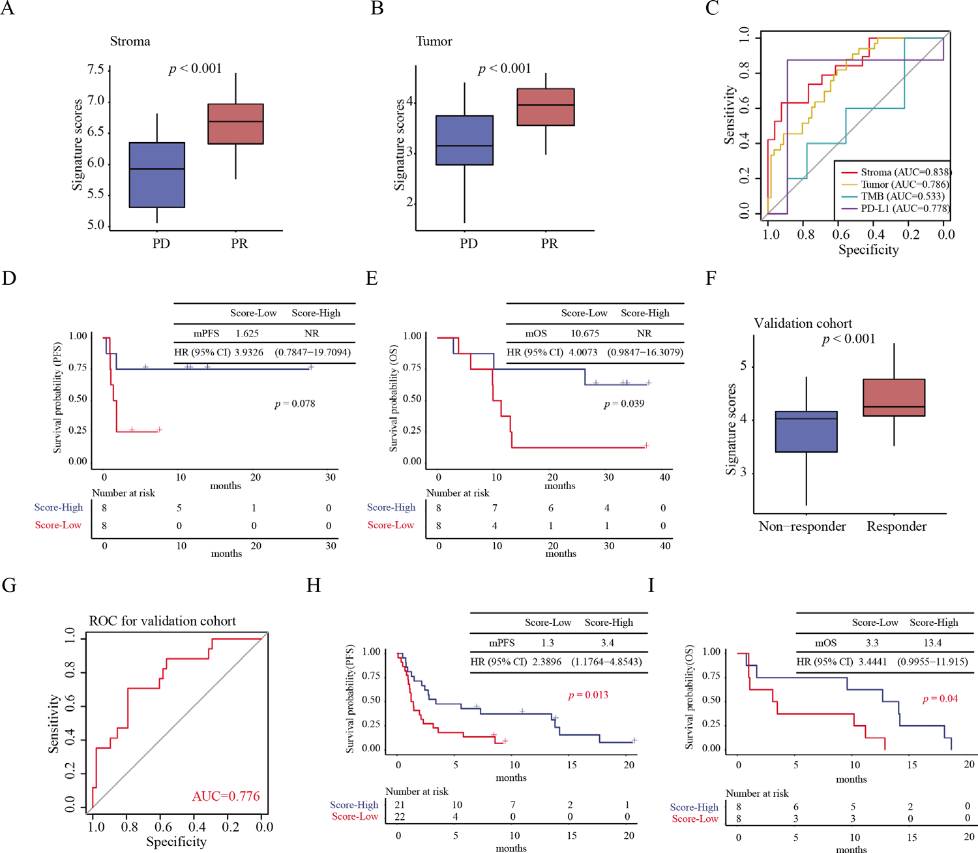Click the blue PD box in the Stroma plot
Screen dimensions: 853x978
click(x=157, y=175)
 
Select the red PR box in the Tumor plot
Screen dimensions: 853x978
click(x=546, y=107)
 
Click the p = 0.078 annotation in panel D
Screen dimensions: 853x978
click(x=295, y=404)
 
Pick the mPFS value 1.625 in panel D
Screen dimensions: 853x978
click(x=247, y=333)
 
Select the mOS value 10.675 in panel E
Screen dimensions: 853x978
click(x=585, y=333)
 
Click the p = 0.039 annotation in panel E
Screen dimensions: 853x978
click(x=624, y=404)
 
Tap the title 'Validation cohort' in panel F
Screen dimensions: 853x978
click(x=803, y=323)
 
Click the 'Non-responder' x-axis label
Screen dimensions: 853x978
click(x=802, y=527)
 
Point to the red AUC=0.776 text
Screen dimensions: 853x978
click(x=226, y=796)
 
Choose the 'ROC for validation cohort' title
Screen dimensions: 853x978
click(x=162, y=621)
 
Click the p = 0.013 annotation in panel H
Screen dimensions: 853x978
click(x=588, y=695)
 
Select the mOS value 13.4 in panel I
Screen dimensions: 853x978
click(x=932, y=643)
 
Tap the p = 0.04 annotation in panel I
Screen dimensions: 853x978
click(x=940, y=699)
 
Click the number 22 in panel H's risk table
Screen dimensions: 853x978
click(x=400, y=817)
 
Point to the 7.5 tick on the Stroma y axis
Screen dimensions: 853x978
click(x=95, y=70)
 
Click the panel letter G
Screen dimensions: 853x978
click(x=9, y=586)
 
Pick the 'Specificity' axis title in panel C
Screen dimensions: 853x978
click(x=868, y=250)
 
